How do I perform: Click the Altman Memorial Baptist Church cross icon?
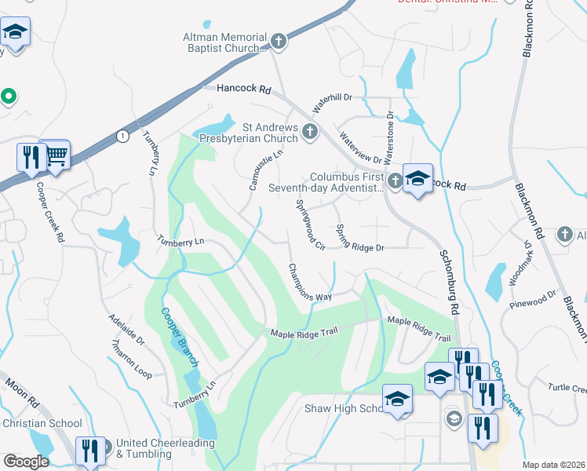pos(277,41)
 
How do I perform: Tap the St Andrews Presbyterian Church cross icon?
pos(310,131)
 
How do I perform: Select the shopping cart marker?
pos(55,155)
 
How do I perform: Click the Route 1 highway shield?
pos(122,136)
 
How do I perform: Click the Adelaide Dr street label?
pos(126,330)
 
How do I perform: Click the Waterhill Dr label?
pos(334,101)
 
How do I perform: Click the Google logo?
pos(26,462)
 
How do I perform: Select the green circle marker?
pos(9,97)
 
